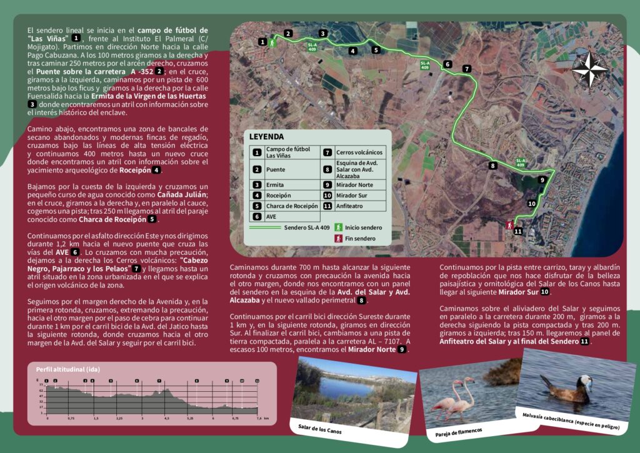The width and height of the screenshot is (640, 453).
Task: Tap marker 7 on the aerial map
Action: (467, 69)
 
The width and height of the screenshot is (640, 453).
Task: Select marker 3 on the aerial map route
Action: (322, 33)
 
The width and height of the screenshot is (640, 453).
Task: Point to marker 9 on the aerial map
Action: (542, 180)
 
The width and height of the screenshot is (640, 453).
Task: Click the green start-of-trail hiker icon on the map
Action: (272, 43)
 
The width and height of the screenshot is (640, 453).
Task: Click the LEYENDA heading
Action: (266, 136)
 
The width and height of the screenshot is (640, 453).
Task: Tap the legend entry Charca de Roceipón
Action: (292, 206)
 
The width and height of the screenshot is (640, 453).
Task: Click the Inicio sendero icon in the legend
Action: (338, 227)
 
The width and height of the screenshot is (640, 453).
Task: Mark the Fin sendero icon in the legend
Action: (338, 238)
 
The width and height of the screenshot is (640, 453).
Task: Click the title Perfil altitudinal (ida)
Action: (64, 369)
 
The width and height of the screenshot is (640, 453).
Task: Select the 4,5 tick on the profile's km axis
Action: (166, 417)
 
